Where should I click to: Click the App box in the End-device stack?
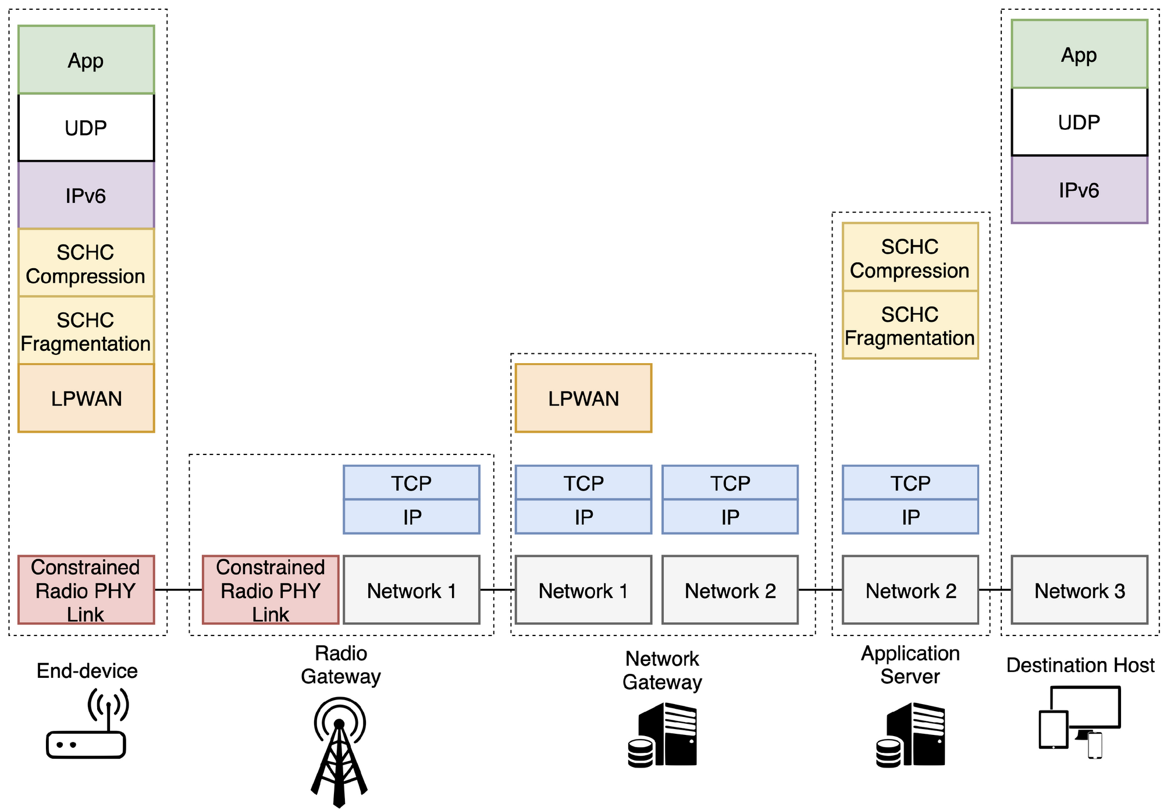tap(86, 60)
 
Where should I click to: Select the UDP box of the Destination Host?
tap(1079, 122)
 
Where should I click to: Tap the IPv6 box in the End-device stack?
tap(86, 196)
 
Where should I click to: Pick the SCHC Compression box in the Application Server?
tap(910, 258)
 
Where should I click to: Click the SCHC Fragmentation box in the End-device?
tap(86, 331)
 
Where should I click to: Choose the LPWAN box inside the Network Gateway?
tap(583, 399)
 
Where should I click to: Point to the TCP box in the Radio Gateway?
tap(411, 483)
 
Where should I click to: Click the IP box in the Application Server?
tap(910, 517)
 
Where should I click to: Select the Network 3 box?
tap(1079, 590)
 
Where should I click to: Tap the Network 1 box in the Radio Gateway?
tap(411, 590)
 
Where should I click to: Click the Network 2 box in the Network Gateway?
tap(730, 590)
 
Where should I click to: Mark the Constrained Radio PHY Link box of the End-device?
tap(86, 590)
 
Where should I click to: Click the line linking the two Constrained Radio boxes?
tap(179, 589)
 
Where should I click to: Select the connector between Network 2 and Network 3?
tap(995, 589)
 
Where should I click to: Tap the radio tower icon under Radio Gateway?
tap(340, 751)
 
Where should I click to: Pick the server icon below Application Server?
tap(910, 736)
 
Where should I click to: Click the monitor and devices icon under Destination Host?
tap(1080, 722)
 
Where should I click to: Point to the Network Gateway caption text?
tap(662, 670)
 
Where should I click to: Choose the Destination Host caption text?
tap(1080, 665)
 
